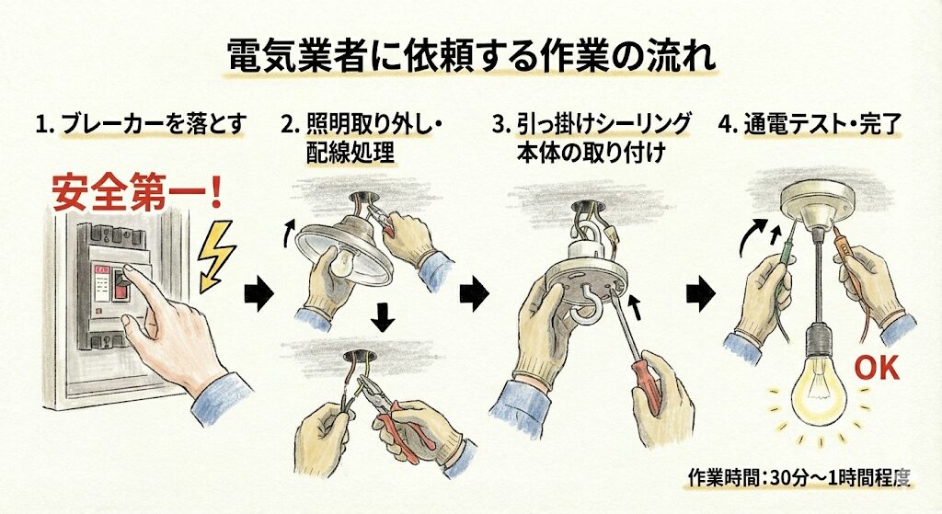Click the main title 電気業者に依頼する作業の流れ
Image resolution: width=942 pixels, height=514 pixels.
[x=471, y=57]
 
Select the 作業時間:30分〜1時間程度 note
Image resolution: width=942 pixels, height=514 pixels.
[x=798, y=478]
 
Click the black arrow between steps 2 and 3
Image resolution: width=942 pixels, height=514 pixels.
[x=474, y=294]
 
